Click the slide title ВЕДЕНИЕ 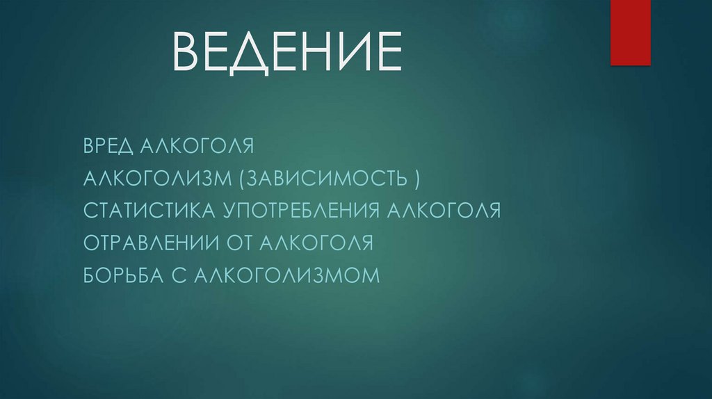click(x=287, y=51)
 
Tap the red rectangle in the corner click(x=630, y=32)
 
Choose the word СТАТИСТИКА click(x=149, y=210)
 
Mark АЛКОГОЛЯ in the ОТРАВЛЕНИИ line click(x=317, y=243)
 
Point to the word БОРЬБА click(x=121, y=275)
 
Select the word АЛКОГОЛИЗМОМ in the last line click(x=287, y=275)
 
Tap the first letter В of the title click(x=186, y=51)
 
